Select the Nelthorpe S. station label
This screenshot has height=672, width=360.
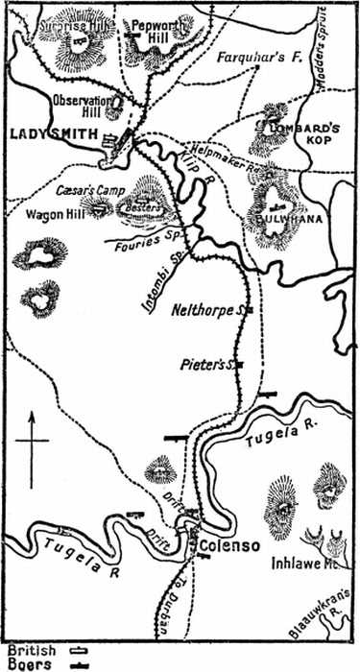[215, 310]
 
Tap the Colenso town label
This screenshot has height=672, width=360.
[228, 546]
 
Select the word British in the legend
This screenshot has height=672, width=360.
[31, 649]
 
